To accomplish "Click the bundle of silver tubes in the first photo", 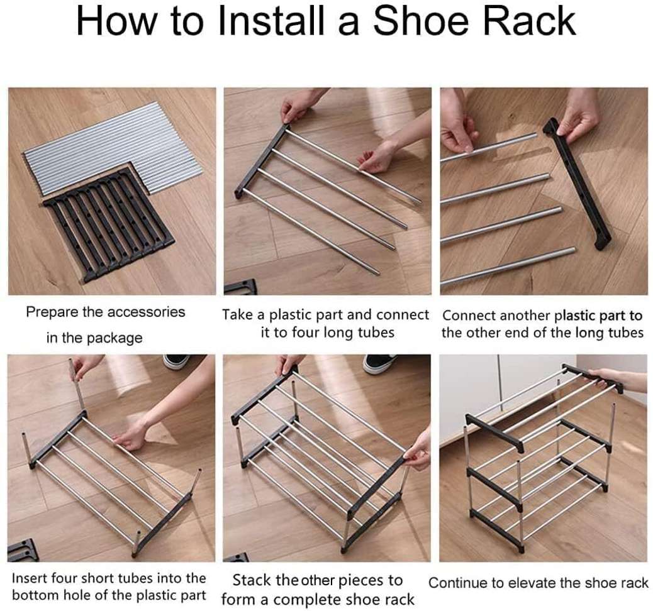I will [113, 148].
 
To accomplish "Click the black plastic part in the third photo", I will [577, 183].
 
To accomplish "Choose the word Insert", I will [29, 578].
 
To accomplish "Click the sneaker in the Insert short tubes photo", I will [177, 361].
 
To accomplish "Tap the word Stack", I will [251, 580].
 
